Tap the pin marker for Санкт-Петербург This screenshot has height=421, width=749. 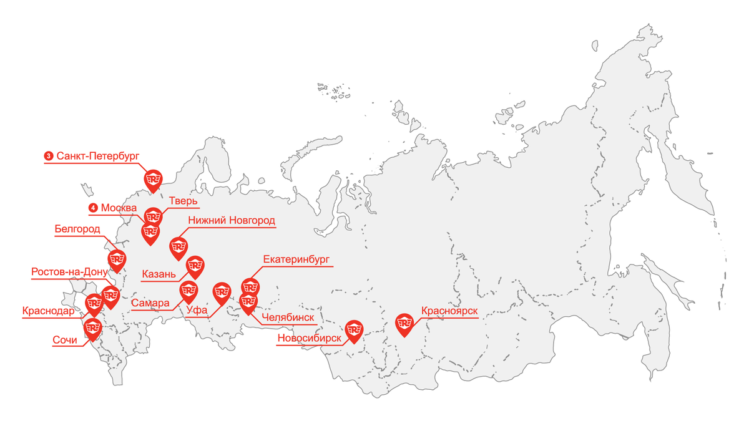154,180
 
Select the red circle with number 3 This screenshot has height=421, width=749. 48,156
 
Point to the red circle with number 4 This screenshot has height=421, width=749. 93,208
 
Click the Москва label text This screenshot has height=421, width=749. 119,208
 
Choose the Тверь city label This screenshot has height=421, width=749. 184,201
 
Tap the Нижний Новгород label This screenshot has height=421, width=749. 232,220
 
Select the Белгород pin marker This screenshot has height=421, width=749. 117,259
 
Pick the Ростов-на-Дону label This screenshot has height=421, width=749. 69,272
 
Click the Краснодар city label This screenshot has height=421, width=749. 48,311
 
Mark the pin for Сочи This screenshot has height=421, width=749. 93,327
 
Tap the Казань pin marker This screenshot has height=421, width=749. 195,266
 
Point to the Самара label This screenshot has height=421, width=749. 150,303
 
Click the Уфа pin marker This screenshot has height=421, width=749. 222,293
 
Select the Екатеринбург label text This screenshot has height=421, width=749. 296,259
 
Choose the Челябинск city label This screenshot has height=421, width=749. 288,317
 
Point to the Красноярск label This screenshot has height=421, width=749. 450,311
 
